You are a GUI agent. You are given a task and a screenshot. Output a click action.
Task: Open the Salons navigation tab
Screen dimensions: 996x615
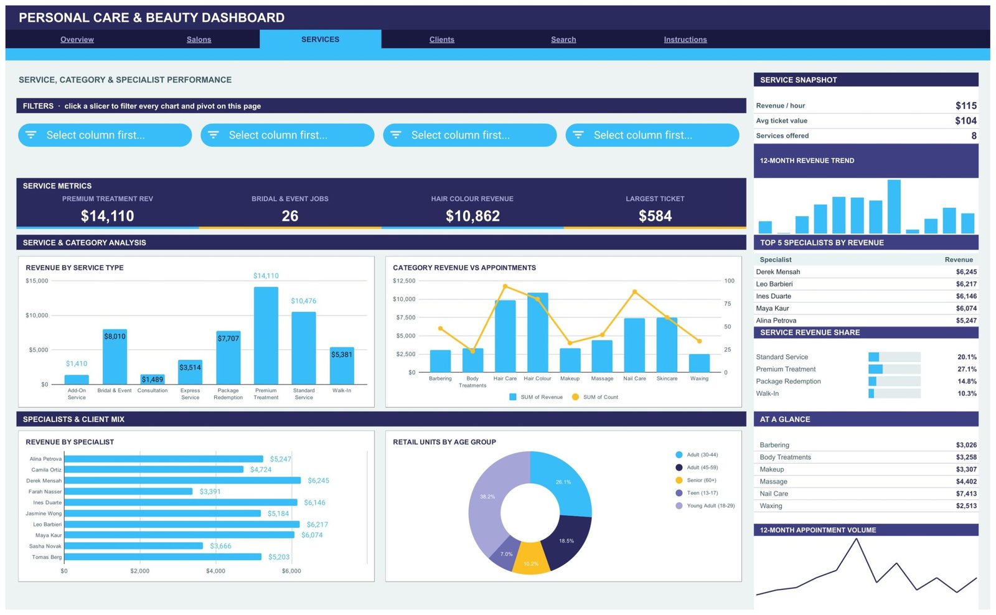tap(199, 39)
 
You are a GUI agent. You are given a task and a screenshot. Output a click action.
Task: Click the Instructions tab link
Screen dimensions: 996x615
tap(685, 39)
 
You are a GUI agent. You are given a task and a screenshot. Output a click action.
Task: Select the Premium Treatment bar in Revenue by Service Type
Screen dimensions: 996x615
tap(266, 336)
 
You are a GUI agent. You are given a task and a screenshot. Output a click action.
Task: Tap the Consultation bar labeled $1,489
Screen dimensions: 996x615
tap(153, 379)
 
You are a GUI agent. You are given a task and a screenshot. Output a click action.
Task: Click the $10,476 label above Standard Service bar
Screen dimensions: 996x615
tap(304, 301)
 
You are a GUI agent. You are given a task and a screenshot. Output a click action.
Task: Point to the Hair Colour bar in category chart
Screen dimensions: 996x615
tap(538, 332)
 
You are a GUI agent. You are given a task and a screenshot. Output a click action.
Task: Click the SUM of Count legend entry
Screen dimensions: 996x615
tap(595, 397)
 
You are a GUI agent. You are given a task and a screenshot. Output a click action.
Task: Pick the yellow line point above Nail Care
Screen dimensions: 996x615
tap(634, 292)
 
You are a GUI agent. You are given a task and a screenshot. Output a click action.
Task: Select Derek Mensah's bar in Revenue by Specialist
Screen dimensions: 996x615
tap(183, 481)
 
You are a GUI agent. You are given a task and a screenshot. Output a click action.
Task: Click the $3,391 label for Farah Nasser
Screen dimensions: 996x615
tap(210, 491)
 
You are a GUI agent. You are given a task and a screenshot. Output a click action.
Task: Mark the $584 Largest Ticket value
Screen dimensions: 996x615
tap(655, 216)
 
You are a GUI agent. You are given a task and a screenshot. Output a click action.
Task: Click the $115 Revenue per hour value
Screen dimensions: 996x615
tap(965, 105)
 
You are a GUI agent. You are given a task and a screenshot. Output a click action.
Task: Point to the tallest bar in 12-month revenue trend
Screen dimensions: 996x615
tap(894, 206)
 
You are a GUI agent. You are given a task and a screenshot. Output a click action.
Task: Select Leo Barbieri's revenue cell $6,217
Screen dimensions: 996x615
tap(966, 284)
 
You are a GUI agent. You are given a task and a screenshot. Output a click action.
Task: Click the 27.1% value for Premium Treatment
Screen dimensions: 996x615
tap(967, 369)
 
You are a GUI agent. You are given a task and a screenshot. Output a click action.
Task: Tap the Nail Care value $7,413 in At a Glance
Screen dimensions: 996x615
tap(966, 494)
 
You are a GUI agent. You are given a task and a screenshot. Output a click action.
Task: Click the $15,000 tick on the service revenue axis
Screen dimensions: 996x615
tap(37, 281)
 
